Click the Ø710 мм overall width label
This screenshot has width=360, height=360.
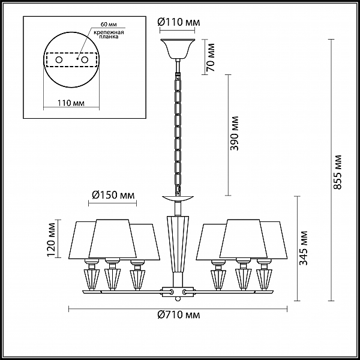click(179, 314)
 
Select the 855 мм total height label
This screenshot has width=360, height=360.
click(337, 172)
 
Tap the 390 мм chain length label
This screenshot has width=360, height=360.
click(235, 133)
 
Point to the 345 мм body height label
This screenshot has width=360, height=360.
click(304, 248)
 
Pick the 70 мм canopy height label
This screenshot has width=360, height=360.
click(211, 58)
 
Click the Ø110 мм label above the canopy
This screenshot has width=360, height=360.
click(179, 22)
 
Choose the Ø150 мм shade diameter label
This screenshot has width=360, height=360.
click(113, 195)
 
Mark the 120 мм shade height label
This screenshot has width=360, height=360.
click(51, 239)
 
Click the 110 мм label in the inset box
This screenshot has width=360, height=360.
click(71, 103)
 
